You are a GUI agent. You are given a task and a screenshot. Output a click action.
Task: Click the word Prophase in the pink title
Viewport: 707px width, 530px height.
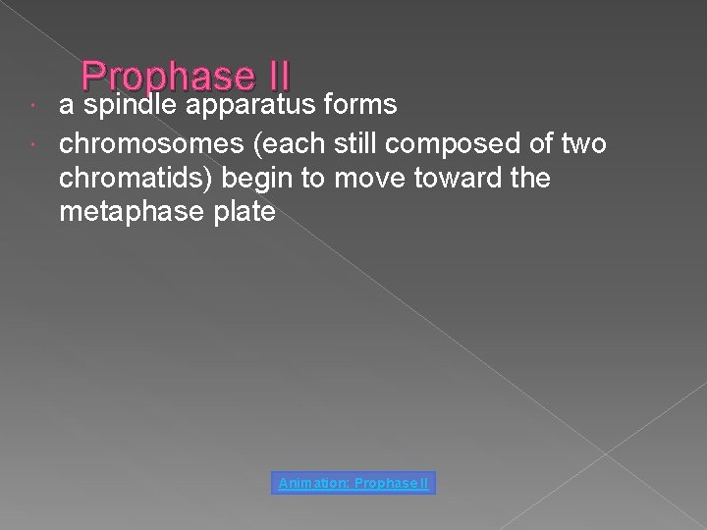click(166, 77)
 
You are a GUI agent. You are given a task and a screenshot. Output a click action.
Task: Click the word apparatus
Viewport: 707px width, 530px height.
click(249, 106)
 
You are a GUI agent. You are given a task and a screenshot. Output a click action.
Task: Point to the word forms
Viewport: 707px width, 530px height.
click(359, 104)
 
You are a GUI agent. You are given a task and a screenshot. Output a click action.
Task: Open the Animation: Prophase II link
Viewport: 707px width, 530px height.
click(354, 483)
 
